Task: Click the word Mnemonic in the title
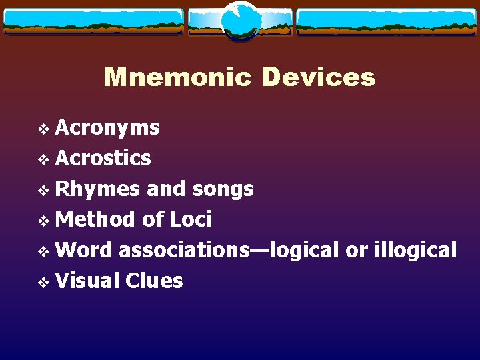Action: (177, 77)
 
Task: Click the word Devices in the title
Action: (319, 77)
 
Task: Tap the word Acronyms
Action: (107, 127)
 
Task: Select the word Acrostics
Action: (103, 158)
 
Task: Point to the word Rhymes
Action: (97, 189)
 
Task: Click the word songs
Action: (223, 189)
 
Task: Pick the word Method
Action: (96, 219)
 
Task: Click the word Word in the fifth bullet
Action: (85, 250)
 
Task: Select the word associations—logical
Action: (230, 250)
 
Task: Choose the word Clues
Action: (154, 281)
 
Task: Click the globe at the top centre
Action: (240, 21)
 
